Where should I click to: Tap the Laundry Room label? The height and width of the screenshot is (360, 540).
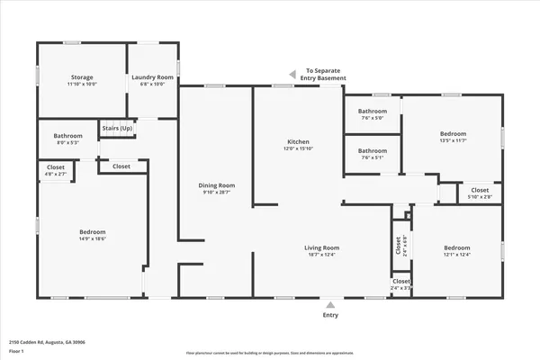[151, 77]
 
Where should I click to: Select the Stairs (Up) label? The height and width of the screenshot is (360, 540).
[117, 129]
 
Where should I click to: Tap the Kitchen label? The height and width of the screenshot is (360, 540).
[298, 143]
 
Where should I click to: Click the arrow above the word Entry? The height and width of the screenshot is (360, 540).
[330, 304]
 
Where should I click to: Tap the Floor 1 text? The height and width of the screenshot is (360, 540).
[17, 350]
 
